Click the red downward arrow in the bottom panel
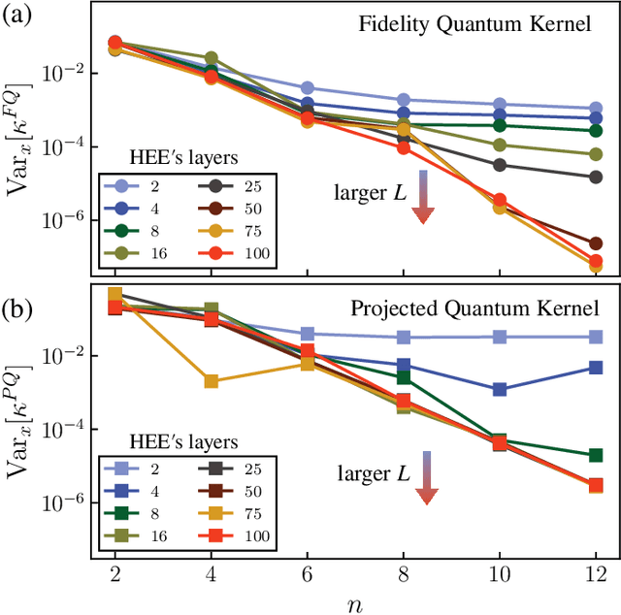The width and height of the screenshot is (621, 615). (424, 477)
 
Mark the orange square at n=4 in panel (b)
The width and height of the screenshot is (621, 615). (212, 382)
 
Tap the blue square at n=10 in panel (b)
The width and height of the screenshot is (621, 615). (499, 389)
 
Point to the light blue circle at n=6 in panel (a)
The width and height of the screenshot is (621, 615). (307, 88)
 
